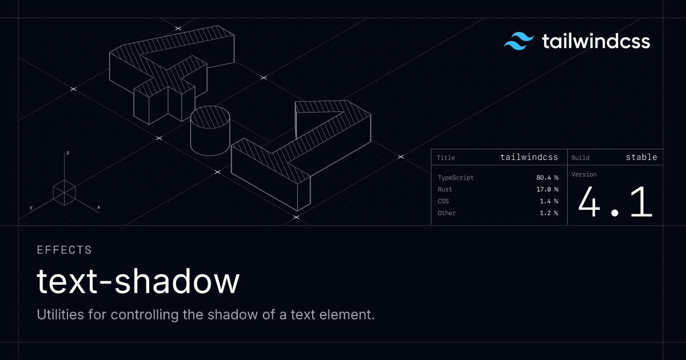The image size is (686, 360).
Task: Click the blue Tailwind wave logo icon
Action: [x=519, y=41]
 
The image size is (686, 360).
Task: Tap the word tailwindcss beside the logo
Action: [x=596, y=41]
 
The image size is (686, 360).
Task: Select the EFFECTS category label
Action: [x=64, y=250]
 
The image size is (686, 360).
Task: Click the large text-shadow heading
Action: [x=138, y=281]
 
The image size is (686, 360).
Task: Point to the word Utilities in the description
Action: [x=61, y=314]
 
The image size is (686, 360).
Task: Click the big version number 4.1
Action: [x=615, y=202]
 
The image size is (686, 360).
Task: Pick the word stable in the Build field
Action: [x=641, y=157]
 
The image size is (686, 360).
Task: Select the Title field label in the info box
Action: [x=445, y=158]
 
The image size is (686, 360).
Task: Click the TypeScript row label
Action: [x=456, y=178]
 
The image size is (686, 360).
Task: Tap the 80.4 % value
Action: [x=547, y=178]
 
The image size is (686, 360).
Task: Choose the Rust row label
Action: [x=445, y=189]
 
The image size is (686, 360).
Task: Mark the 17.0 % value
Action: [x=547, y=189]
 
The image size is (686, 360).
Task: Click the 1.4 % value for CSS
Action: [x=549, y=201]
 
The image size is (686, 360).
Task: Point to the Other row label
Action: [x=446, y=213]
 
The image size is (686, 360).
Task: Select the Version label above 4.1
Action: [x=584, y=174]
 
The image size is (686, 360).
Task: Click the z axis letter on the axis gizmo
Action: [x=67, y=153]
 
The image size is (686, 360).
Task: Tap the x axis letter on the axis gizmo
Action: [x=98, y=207]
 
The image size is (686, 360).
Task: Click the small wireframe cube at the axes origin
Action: [x=64, y=193]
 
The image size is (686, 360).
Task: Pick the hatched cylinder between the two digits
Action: [x=210, y=131]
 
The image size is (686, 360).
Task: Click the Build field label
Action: [x=580, y=158]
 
